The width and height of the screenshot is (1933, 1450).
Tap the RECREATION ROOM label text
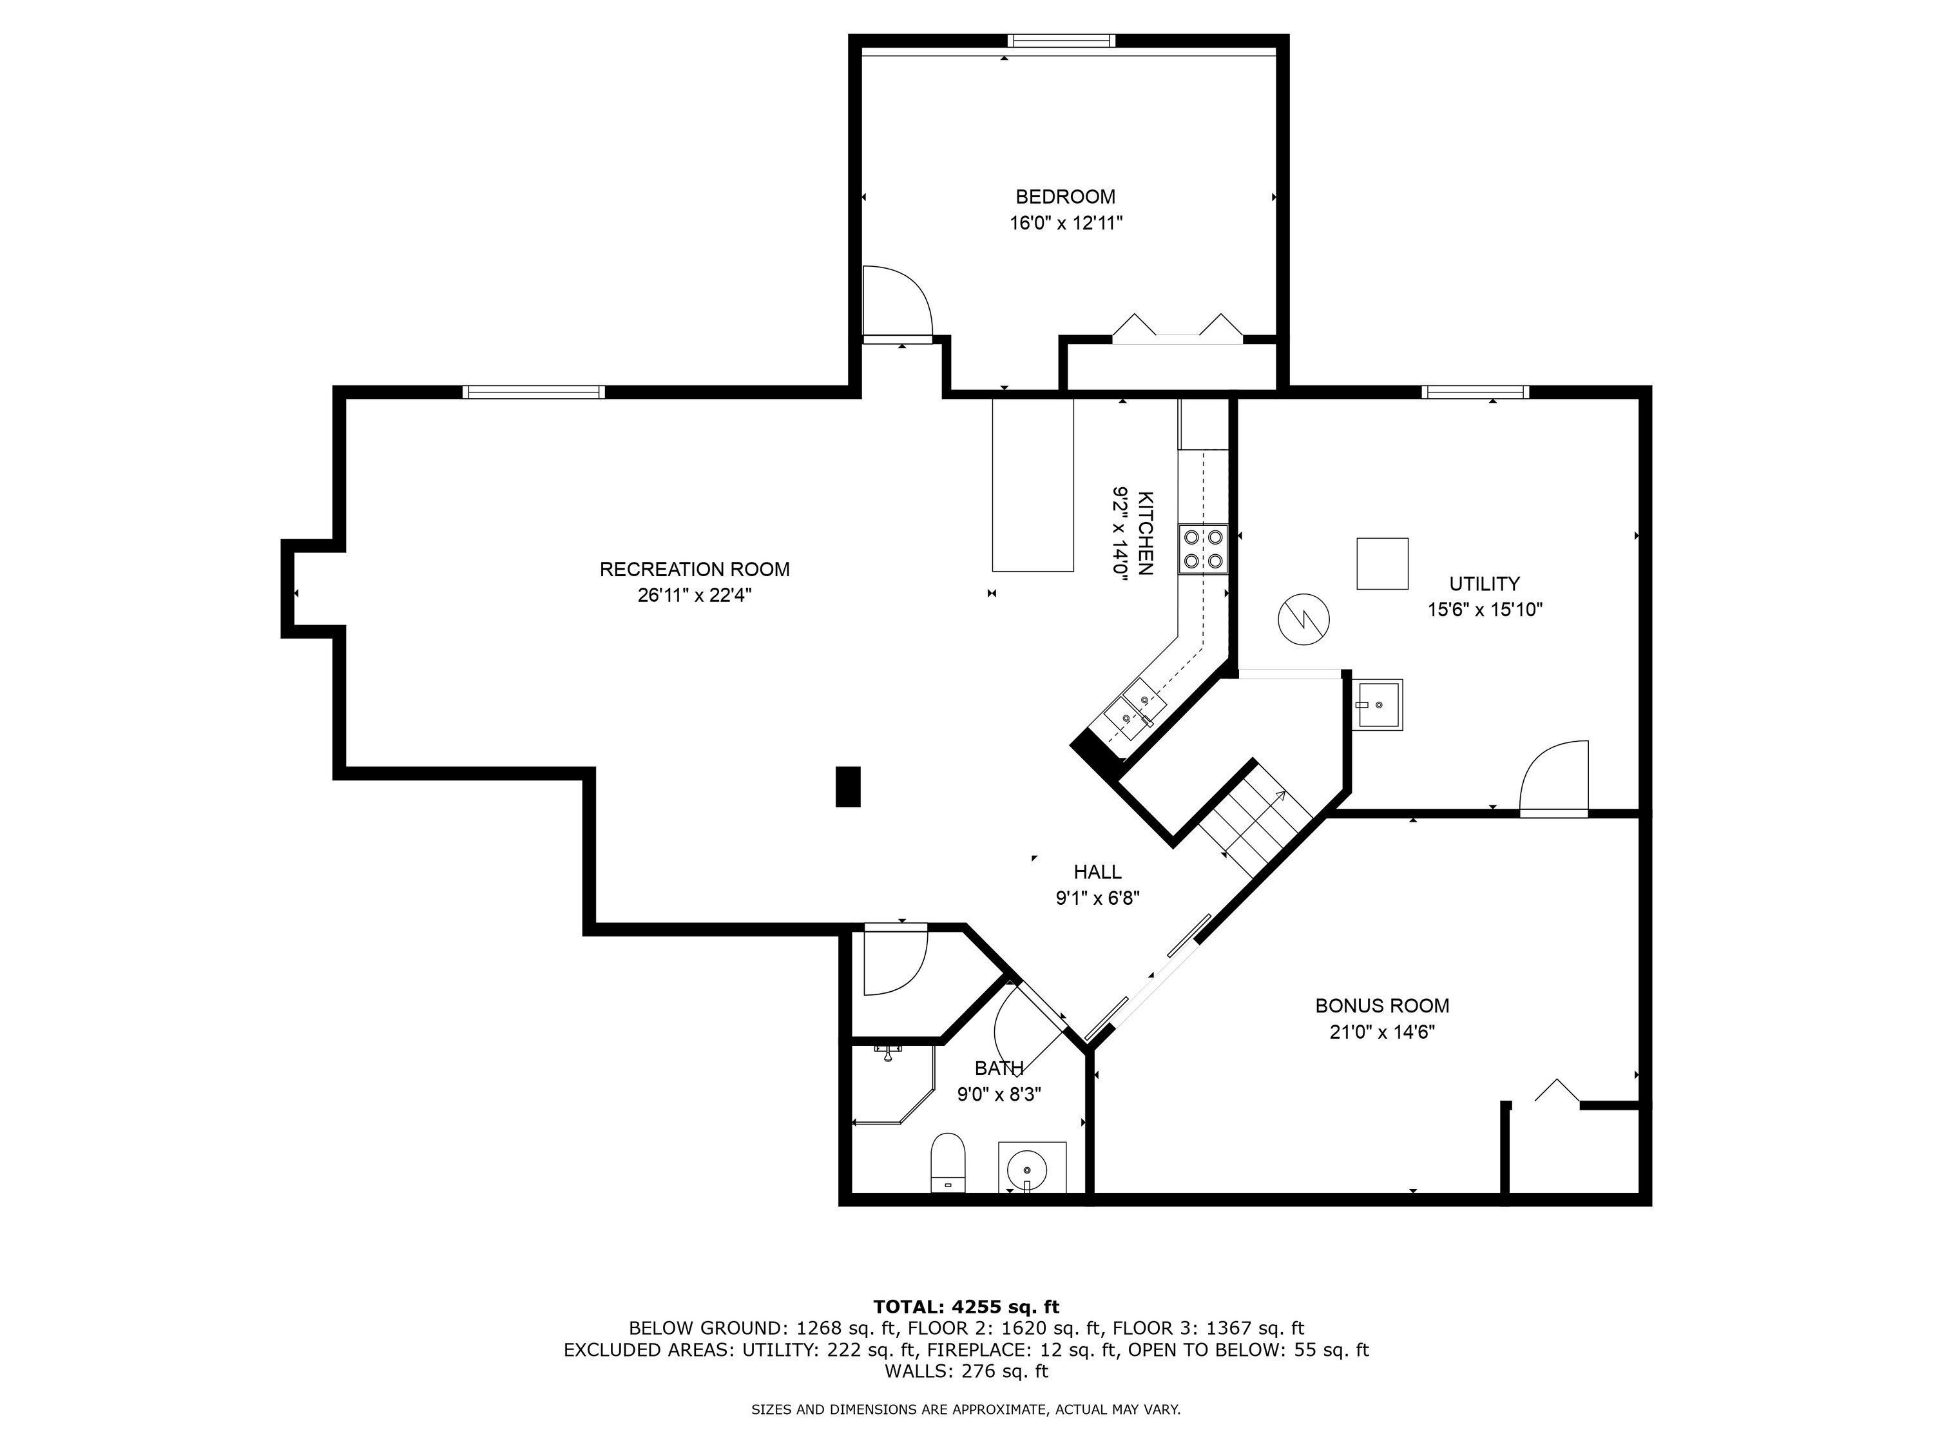tap(695, 569)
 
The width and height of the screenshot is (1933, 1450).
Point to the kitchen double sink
tap(1134, 710)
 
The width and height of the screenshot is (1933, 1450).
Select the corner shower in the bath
tap(893, 1084)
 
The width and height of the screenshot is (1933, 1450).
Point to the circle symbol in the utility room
tap(1304, 620)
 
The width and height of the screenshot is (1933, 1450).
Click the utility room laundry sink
tap(1378, 704)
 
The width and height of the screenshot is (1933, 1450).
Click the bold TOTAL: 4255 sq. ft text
tap(966, 1307)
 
